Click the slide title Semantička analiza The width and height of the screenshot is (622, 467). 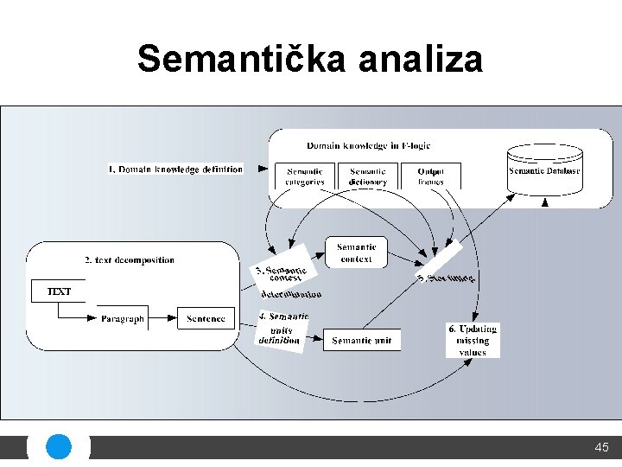click(310, 59)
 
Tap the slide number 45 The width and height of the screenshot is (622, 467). click(601, 447)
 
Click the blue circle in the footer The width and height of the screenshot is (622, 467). click(58, 447)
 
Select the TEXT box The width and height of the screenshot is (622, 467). click(59, 291)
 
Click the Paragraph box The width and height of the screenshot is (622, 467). click(122, 318)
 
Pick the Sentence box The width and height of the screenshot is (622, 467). click(206, 318)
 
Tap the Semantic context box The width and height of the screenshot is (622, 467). click(356, 253)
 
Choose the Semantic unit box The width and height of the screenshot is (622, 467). click(361, 341)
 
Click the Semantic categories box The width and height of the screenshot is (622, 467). click(305, 176)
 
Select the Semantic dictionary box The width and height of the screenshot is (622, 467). click(368, 176)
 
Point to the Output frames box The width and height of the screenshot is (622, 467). click(430, 176)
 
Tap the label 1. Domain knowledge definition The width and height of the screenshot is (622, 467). click(175, 169)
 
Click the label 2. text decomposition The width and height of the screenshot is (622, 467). click(130, 259)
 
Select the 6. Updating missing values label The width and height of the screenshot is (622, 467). click(473, 340)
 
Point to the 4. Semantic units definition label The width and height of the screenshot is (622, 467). click(282, 329)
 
